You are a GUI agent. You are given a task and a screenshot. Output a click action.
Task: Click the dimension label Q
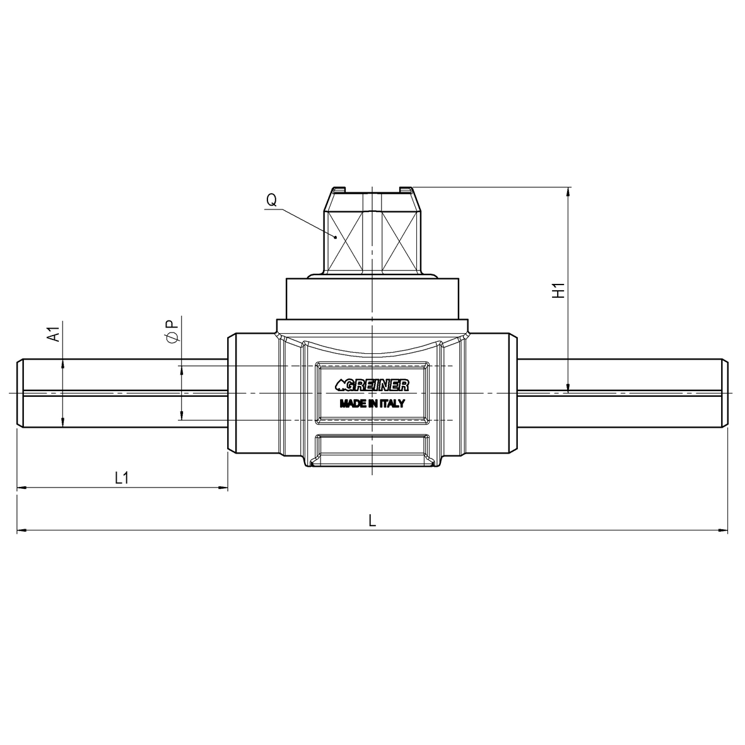[271, 200]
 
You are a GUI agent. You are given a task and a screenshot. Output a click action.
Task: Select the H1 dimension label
[558, 291]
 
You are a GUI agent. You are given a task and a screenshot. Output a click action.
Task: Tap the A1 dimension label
[54, 334]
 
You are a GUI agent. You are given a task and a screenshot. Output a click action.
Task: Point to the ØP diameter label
[171, 331]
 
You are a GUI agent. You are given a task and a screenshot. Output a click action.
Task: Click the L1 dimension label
[122, 478]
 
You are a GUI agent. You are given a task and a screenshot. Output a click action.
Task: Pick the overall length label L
[372, 522]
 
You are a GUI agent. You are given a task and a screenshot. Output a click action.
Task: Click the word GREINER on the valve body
[378, 385]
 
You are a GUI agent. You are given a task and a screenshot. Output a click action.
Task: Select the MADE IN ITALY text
[372, 404]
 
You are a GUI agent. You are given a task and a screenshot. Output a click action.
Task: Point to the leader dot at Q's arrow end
[336, 237]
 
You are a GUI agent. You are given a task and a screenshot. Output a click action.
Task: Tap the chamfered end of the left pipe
[20, 393]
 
